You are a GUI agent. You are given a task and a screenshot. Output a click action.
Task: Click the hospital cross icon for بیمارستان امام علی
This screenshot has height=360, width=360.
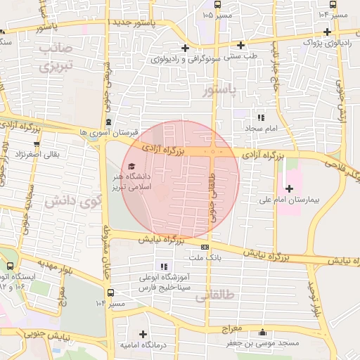pyautogui.click(x=289, y=188)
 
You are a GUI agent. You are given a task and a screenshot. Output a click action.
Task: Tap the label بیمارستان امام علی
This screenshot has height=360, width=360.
pyautogui.click(x=309, y=200)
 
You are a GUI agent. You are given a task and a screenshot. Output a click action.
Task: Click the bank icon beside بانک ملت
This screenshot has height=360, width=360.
pyautogui.click(x=205, y=247)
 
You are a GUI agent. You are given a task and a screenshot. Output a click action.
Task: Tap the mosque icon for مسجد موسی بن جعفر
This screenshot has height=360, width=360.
pyautogui.click(x=263, y=333)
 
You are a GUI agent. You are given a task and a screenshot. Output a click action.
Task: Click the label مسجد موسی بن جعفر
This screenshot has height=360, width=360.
pyautogui.click(x=263, y=343)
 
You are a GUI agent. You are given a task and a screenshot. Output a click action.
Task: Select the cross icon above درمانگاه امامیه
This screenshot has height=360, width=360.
pyautogui.click(x=143, y=334)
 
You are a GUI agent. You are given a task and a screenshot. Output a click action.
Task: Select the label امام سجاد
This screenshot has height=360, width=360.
pyautogui.click(x=262, y=129)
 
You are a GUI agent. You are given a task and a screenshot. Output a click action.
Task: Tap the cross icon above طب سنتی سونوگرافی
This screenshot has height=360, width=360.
pyautogui.click(x=184, y=48)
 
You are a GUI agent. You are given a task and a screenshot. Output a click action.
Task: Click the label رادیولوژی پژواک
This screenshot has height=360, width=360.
pyautogui.click(x=323, y=42)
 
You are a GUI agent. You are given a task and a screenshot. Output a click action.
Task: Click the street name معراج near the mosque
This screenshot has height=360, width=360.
pyautogui.click(x=231, y=329)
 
